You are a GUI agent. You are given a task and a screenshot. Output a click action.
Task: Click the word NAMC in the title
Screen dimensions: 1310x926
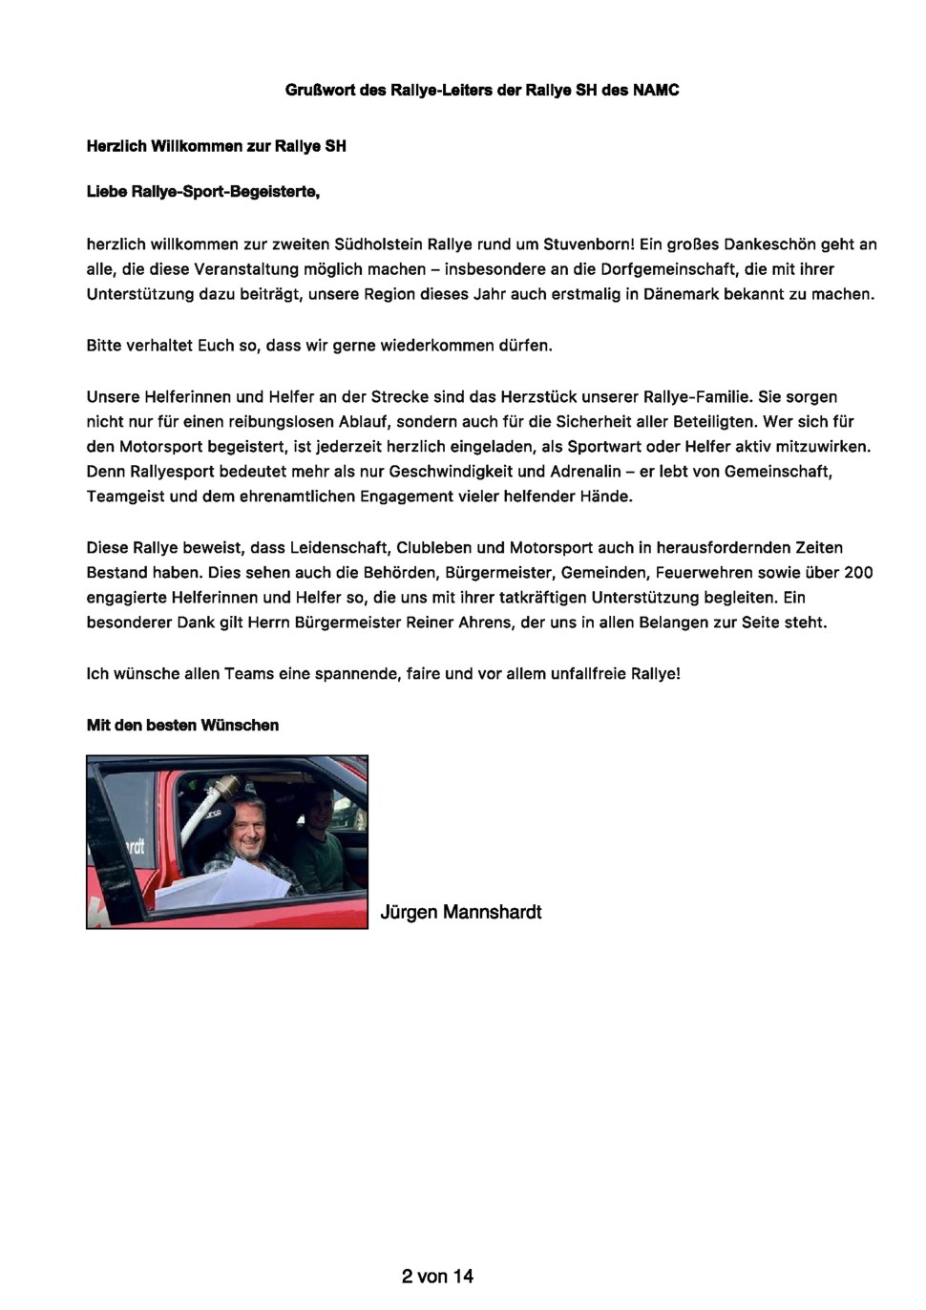coord(656,90)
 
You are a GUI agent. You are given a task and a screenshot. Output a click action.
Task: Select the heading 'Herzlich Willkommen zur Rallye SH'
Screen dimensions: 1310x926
coord(216,146)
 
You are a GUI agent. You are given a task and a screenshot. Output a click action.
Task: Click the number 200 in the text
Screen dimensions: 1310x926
coord(858,572)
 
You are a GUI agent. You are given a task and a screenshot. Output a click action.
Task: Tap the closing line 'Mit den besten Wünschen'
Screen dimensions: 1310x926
coord(182,725)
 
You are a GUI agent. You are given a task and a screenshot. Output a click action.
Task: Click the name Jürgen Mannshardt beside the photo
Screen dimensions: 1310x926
coord(460,912)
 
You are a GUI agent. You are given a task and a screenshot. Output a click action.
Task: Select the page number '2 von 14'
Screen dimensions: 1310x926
coord(437,1276)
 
